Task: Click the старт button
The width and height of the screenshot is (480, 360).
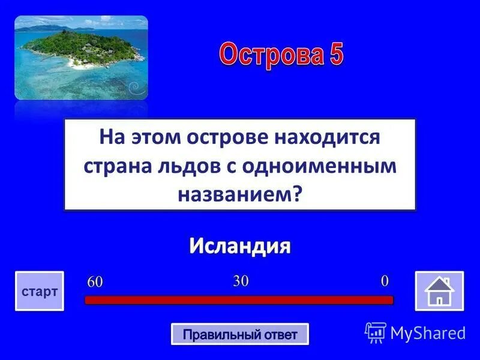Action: [x=40, y=291]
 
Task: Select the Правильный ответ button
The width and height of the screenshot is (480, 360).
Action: [x=240, y=334]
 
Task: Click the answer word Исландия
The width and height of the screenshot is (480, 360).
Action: [x=240, y=245]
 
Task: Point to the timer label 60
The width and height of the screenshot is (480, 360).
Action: [x=95, y=281]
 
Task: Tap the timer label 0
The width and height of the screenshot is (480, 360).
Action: [x=385, y=280]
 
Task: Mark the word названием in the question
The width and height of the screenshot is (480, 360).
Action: [x=236, y=194]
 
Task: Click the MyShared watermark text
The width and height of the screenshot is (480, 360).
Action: [x=428, y=332]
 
